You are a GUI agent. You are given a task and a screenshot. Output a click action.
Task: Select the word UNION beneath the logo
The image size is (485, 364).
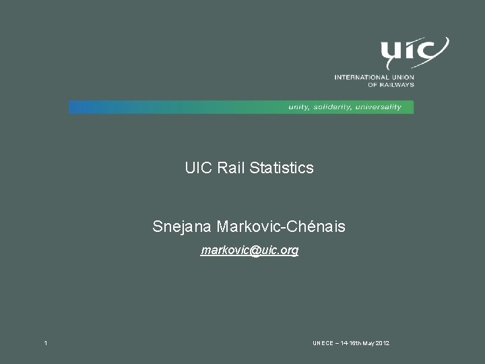[x=402, y=78]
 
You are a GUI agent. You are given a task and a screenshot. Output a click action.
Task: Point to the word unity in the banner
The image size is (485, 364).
[x=299, y=107]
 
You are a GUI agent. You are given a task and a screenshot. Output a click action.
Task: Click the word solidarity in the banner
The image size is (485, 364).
[x=332, y=107]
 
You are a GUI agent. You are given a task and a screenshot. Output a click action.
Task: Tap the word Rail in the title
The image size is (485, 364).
[x=232, y=168]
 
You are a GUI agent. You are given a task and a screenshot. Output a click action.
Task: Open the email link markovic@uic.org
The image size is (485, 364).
[x=250, y=251]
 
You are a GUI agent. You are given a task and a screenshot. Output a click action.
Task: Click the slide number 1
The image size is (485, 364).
[x=45, y=344]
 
